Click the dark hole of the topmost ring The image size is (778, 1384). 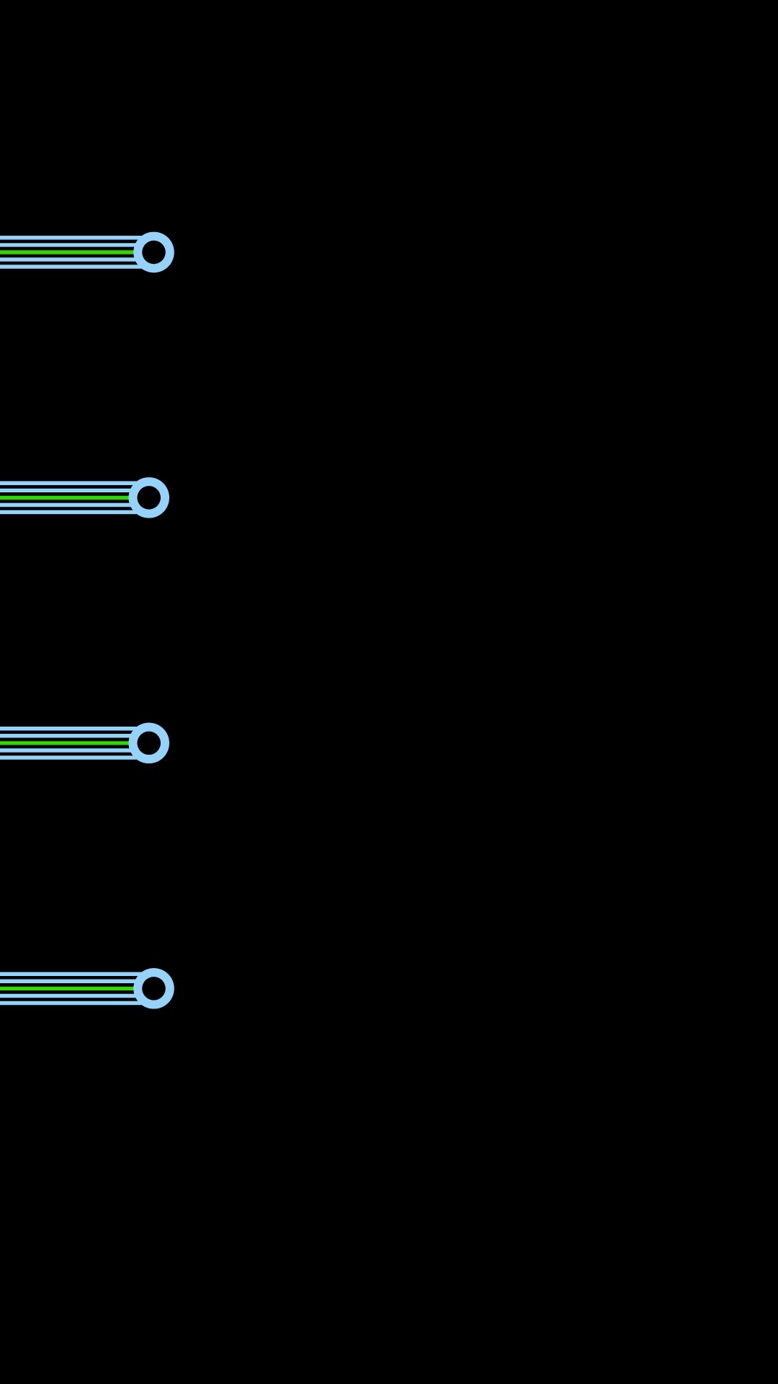click(153, 252)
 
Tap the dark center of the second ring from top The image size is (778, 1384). click(149, 497)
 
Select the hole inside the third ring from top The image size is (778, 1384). click(149, 742)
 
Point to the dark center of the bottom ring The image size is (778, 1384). click(153, 988)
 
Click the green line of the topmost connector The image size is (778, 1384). click(65, 252)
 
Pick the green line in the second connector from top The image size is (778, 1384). click(65, 497)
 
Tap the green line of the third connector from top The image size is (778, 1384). click(65, 742)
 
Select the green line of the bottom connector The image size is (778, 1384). click(65, 988)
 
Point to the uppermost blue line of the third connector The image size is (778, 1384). click(65, 729)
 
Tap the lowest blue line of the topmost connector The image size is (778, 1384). click(65, 266)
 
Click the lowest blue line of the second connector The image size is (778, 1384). click(65, 511)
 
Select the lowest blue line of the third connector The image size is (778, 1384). click(65, 756)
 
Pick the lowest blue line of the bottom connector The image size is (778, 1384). click(65, 1002)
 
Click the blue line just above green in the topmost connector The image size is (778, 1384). click(65, 246)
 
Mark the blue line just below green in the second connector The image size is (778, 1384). click(65, 505)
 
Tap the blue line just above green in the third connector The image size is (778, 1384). click(65, 736)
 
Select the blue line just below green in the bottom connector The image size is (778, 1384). click(65, 995)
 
